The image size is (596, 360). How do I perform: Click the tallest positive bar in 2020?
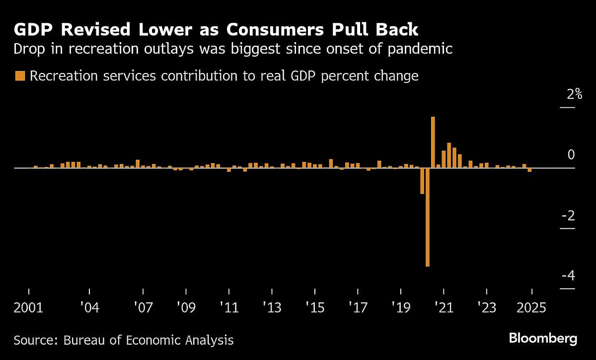click(x=433, y=142)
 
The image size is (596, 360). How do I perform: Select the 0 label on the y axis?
click(x=571, y=155)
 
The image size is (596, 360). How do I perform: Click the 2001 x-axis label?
click(x=29, y=308)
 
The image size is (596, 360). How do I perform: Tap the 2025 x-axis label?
click(x=531, y=308)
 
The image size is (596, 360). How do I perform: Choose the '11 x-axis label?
click(x=229, y=308)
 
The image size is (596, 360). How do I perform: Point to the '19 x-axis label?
click(x=401, y=308)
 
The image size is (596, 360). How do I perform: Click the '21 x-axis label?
click(x=444, y=308)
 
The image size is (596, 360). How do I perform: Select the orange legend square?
click(x=20, y=76)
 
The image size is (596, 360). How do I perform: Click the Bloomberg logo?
click(x=543, y=339)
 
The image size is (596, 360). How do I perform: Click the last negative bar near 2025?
click(x=529, y=170)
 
